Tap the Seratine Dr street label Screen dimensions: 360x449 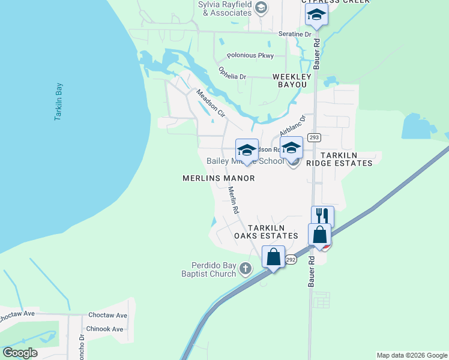coord(295,34)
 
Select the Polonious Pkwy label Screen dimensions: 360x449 coord(250,56)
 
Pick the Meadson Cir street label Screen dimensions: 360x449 coord(210,103)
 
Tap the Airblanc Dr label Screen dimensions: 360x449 coord(292,126)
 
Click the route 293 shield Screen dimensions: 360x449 coord(313,137)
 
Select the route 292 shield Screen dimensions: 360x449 coord(291,260)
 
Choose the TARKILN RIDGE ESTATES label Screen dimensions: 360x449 coord(339,159)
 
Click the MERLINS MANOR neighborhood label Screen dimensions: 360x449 coord(218,178)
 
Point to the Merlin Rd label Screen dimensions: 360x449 coord(233,200)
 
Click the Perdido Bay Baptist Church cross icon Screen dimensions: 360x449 coord(246,268)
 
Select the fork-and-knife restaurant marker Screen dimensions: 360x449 coord(322,216)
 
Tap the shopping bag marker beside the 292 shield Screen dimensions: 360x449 coord(274,257)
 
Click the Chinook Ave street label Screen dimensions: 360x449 coord(104,329)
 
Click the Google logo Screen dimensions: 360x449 coord(20,353)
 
